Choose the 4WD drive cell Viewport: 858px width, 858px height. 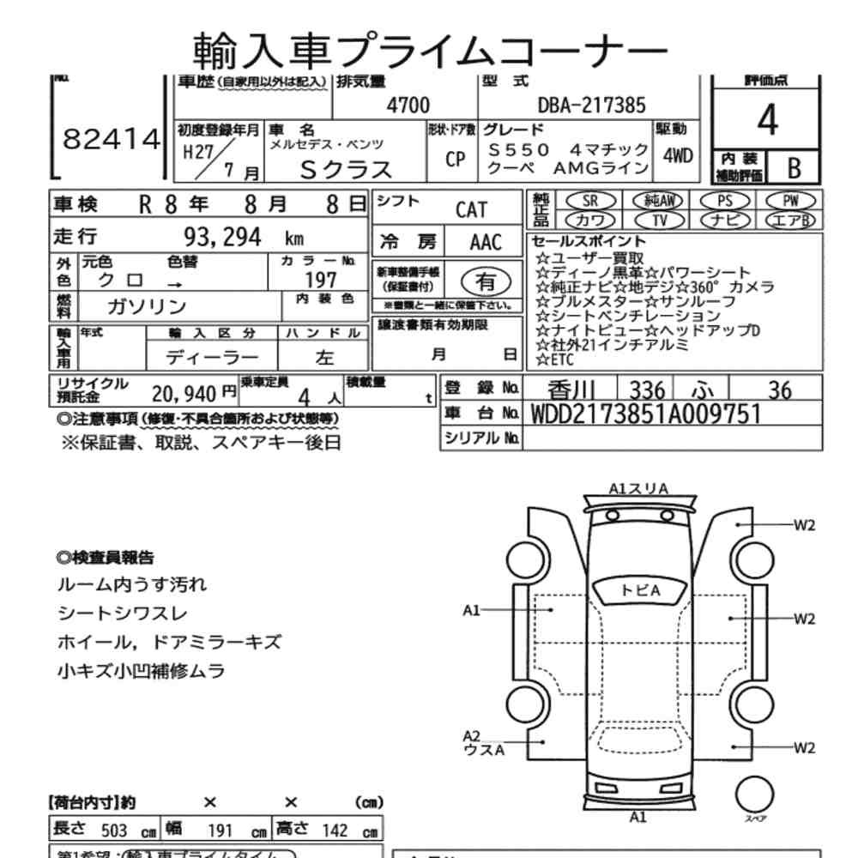678,158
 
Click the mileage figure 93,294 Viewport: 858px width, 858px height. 222,237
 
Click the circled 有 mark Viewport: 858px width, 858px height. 485,280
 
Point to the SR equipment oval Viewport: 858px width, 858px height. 589,200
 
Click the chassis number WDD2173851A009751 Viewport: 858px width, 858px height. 646,414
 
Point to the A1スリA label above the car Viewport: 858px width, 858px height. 638,488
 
